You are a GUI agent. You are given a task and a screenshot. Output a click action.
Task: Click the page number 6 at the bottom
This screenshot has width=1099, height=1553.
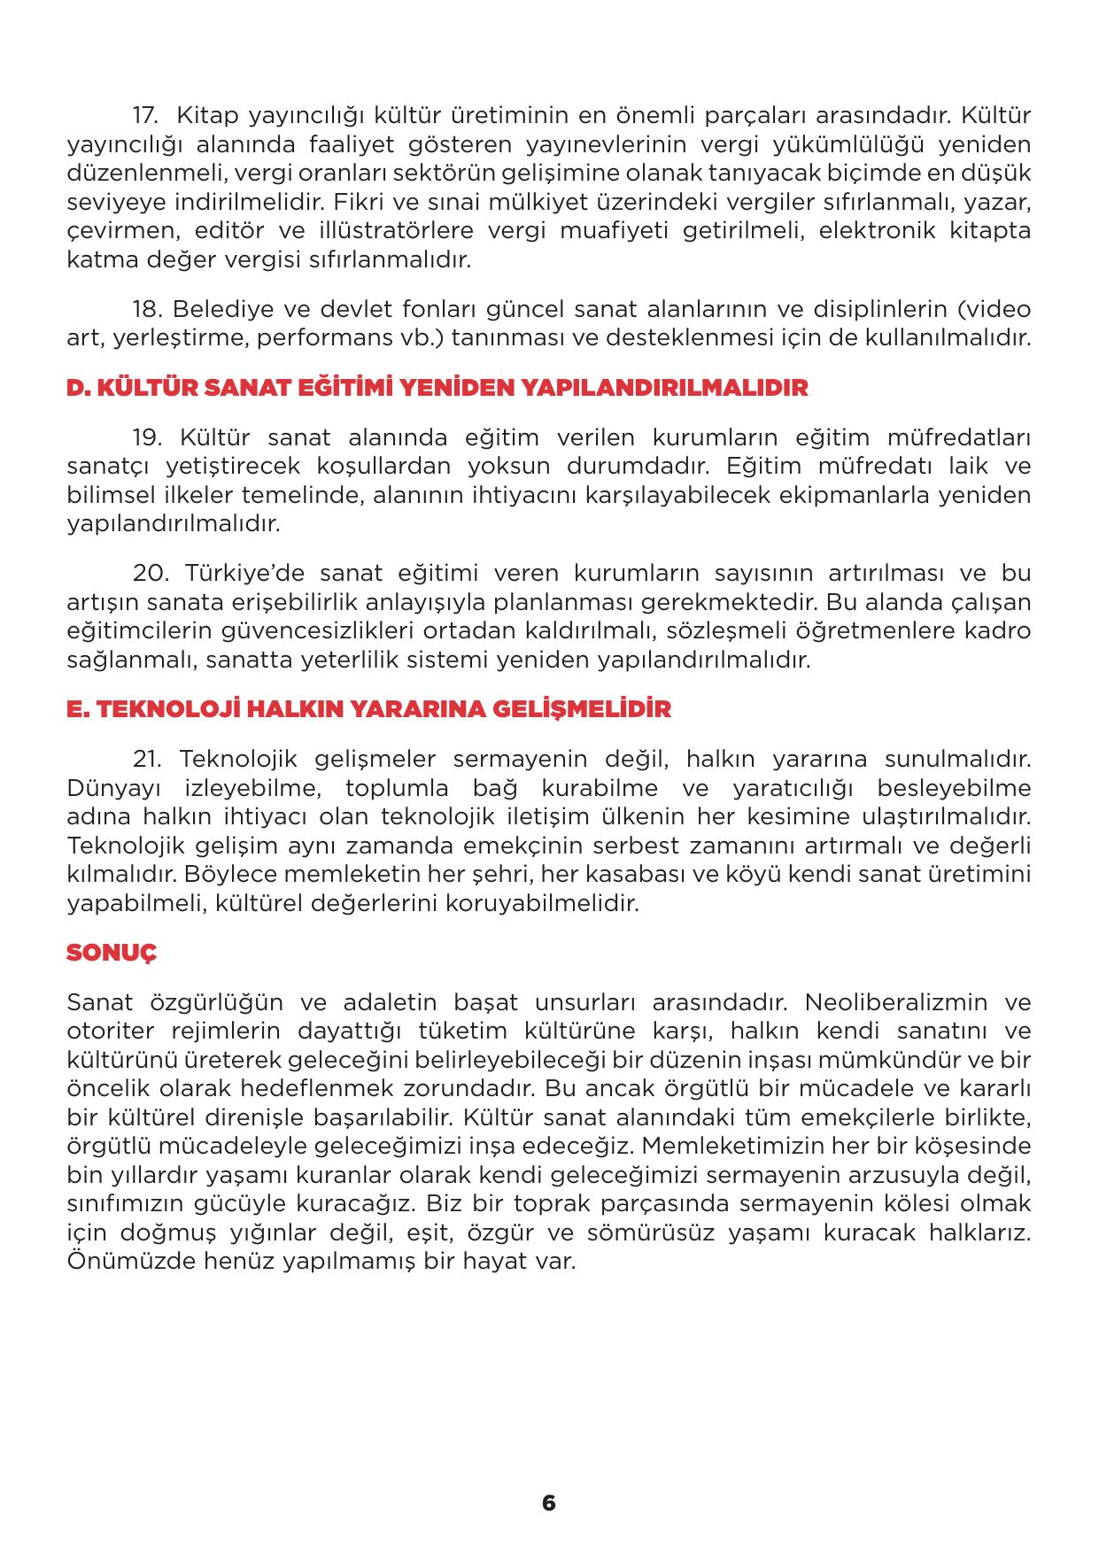[x=548, y=1503]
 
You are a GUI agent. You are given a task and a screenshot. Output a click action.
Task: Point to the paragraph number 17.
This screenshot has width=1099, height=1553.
[x=145, y=116]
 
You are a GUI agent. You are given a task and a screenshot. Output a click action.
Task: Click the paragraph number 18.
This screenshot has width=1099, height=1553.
[x=146, y=309]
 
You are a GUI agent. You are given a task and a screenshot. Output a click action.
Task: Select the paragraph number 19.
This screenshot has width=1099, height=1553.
[x=147, y=437]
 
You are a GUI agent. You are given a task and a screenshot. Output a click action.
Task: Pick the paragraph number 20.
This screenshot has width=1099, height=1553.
[x=150, y=573]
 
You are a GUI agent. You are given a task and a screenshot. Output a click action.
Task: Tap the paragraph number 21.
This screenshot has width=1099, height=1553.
[x=146, y=759]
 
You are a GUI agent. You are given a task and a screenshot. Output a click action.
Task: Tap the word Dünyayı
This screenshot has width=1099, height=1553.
[x=110, y=788]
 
